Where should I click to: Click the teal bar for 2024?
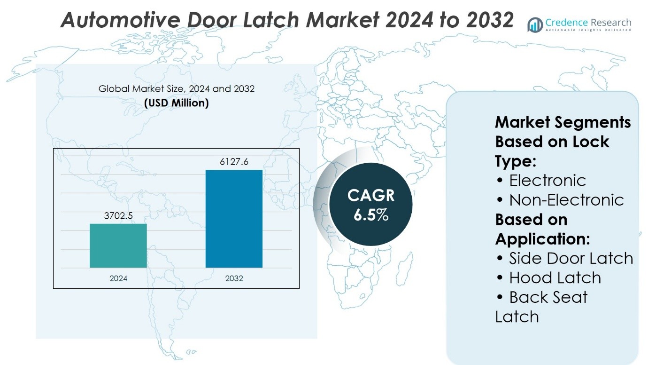click(118, 246)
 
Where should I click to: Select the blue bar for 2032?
click(234, 219)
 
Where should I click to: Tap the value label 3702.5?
click(118, 216)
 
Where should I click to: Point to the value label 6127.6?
click(234, 162)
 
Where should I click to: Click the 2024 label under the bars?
click(118, 278)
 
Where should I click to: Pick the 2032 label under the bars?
click(234, 278)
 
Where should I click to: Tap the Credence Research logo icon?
click(535, 25)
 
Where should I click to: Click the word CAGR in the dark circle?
click(371, 196)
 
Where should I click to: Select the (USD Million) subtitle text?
click(177, 103)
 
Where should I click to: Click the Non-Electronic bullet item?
click(566, 200)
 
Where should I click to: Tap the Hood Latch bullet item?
click(555, 278)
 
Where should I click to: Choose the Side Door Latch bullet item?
click(571, 258)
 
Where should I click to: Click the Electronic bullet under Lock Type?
click(547, 180)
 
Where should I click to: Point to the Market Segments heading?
click(563, 122)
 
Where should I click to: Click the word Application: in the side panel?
click(542, 239)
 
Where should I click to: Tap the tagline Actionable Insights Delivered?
click(588, 30)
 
